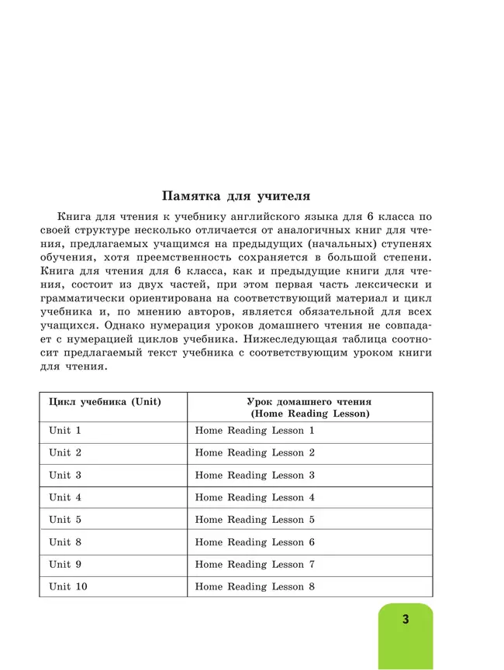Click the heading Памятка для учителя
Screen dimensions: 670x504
235,195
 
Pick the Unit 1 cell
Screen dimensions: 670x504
65,431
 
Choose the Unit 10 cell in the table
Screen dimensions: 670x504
68,587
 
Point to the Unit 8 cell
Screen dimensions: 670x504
65,542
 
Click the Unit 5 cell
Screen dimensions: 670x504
65,520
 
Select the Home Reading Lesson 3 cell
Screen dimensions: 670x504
255,475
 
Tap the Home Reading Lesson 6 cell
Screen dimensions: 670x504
255,542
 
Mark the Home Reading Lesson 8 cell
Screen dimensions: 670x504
255,587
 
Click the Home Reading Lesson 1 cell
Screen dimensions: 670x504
255,431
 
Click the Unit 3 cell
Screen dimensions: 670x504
65,475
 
